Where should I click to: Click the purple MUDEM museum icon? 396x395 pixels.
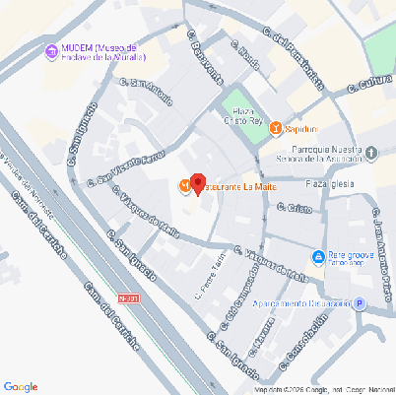(x=50, y=52)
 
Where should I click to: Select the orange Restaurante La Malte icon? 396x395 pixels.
(x=184, y=186)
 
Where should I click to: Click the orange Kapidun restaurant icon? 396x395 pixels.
(x=276, y=128)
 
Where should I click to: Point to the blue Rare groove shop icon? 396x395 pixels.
(x=318, y=258)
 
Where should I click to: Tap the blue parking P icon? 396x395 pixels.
(x=361, y=303)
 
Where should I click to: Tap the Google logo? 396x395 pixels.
(x=21, y=385)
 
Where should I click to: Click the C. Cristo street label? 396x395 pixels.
(x=295, y=208)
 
